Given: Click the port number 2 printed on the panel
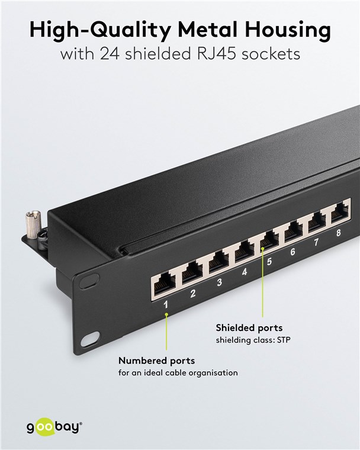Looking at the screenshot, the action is [x=193, y=293].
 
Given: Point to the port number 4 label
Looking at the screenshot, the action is [x=245, y=272].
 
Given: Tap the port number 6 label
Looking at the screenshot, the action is [x=292, y=252].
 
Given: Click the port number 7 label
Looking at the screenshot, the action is [x=316, y=242].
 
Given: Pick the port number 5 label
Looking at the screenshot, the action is [x=269, y=262].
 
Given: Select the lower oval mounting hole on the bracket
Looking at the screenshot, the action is [x=90, y=339].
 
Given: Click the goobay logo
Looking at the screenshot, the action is [x=54, y=427].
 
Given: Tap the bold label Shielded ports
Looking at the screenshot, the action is [x=249, y=328].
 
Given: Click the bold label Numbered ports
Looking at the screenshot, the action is [x=156, y=361].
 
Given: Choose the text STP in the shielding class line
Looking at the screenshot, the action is [x=284, y=340].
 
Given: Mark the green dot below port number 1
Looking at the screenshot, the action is [x=166, y=314].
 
